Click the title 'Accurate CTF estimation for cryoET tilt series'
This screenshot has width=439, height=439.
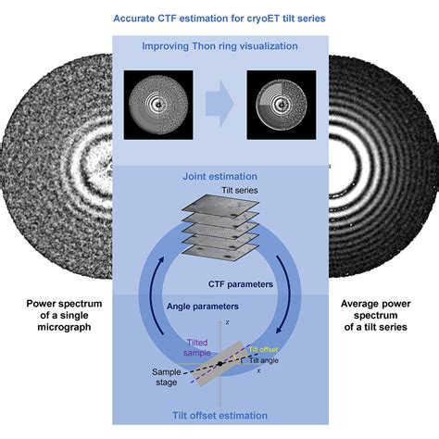click(x=219, y=18)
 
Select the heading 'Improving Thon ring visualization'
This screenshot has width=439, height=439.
click(x=219, y=45)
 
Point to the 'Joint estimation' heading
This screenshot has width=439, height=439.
click(x=219, y=175)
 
